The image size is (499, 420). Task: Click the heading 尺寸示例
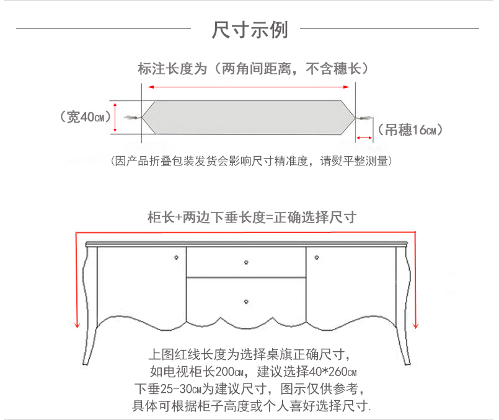(x=250, y=29)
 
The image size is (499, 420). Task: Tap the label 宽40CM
(x=86, y=116)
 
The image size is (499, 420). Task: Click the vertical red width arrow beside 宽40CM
(x=115, y=116)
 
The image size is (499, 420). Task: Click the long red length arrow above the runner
(x=250, y=87)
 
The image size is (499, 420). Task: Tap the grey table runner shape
(x=250, y=116)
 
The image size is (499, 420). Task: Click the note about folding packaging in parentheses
(x=250, y=161)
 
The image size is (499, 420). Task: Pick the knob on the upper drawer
(x=246, y=263)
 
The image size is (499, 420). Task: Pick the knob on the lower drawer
(x=246, y=302)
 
